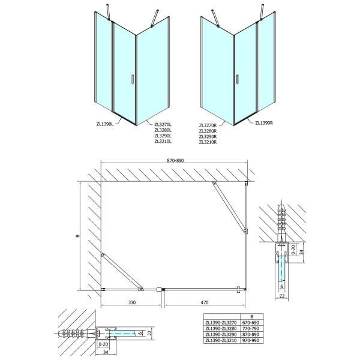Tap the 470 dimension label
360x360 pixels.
(204, 304)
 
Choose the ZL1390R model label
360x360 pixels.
(264, 123)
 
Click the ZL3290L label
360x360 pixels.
(163, 136)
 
